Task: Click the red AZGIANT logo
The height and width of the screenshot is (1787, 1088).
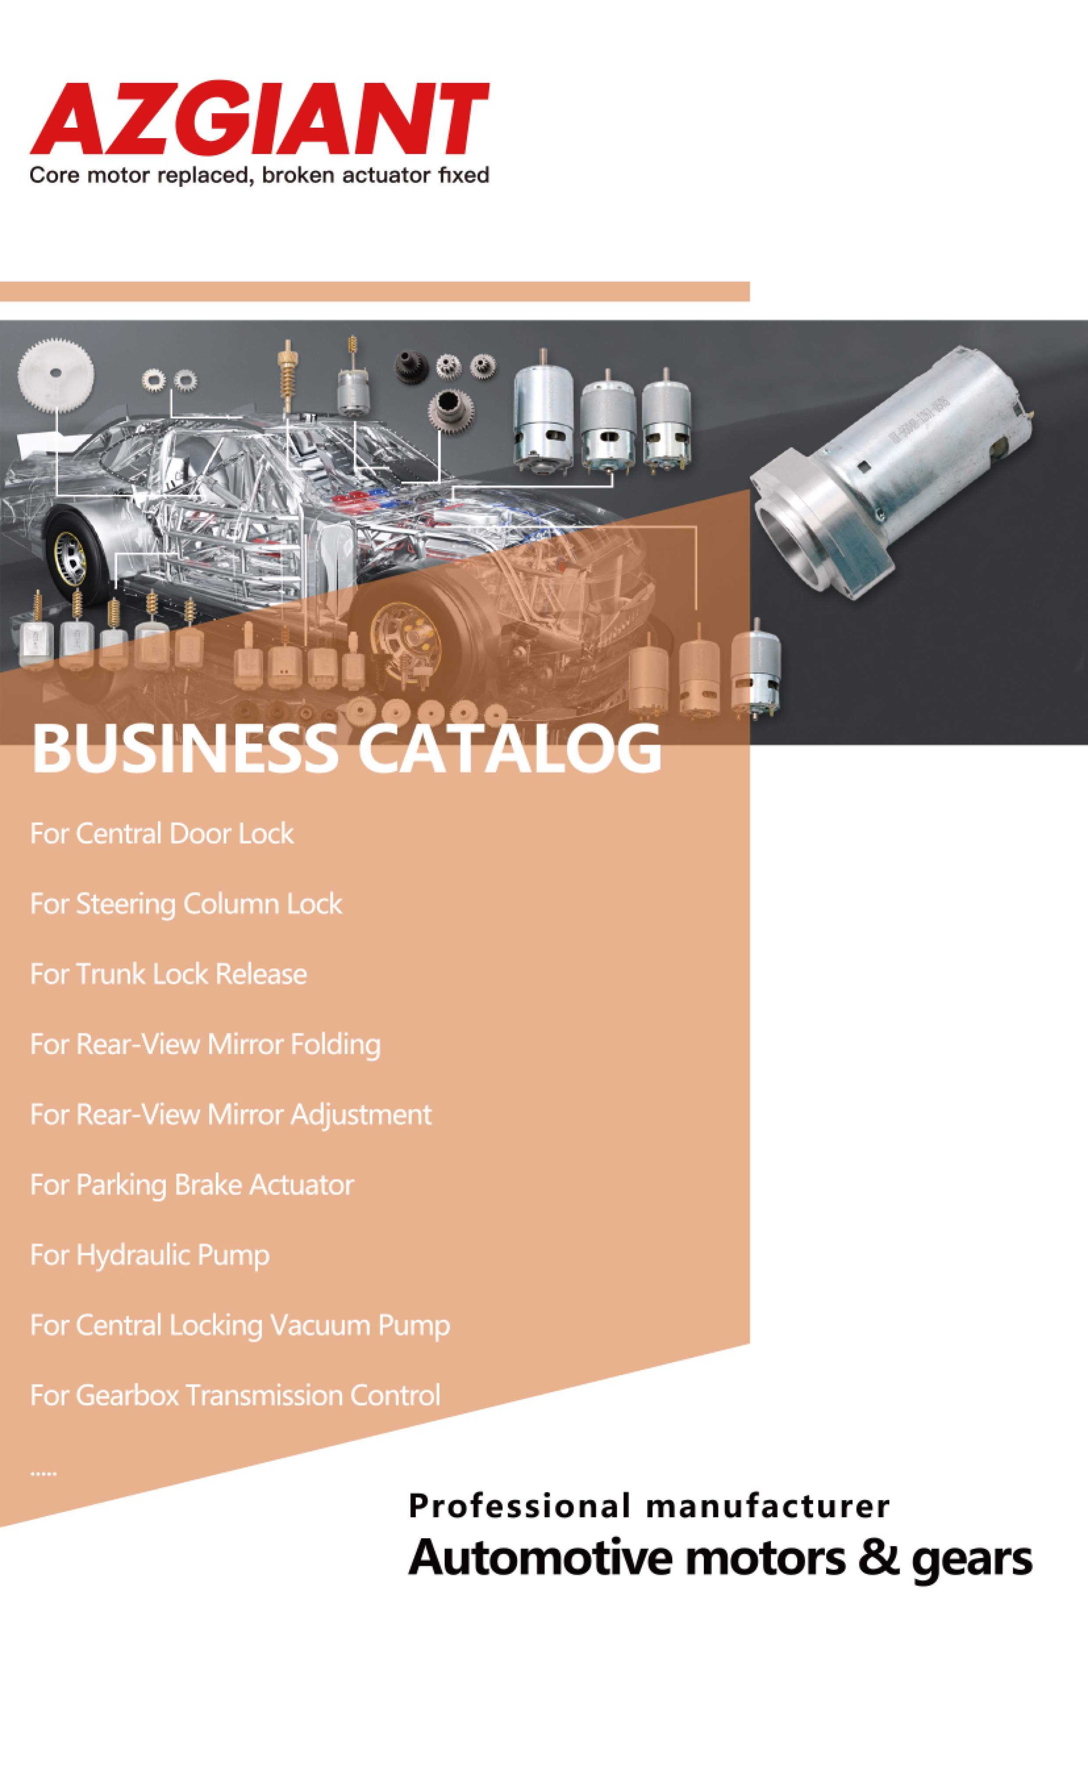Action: click(x=259, y=118)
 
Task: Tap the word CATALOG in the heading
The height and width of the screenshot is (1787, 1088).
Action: click(x=509, y=748)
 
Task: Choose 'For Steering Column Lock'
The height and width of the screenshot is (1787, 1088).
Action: click(x=186, y=904)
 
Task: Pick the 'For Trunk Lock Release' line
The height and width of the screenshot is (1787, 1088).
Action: click(x=168, y=974)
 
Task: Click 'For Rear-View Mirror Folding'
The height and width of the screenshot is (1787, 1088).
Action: click(x=205, y=1044)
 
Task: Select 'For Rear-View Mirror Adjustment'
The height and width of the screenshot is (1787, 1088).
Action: click(x=231, y=1115)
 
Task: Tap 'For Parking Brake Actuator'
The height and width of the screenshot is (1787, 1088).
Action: click(x=191, y=1185)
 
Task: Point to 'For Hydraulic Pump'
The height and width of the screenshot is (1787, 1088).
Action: click(x=150, y=1255)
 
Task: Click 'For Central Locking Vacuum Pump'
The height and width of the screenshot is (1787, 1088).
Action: click(x=240, y=1326)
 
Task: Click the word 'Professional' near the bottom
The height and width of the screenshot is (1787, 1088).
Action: click(x=519, y=1506)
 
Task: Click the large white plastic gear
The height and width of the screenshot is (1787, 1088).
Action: click(x=56, y=376)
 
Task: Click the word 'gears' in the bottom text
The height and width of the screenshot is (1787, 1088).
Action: click(x=972, y=1561)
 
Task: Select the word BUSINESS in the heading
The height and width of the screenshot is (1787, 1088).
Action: click(x=185, y=748)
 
